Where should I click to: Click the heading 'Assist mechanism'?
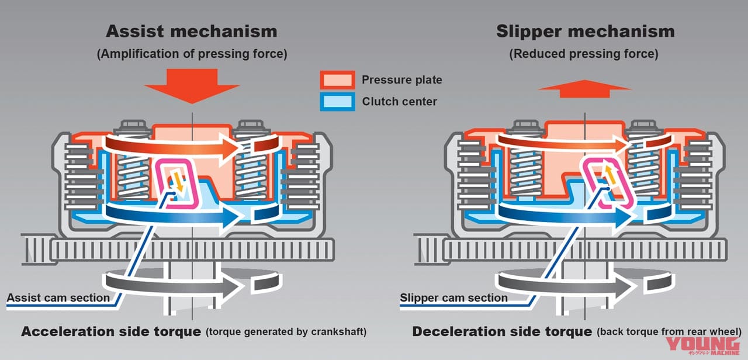point(192,31)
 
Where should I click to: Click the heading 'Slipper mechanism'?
point(585,31)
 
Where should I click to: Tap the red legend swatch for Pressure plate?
point(337,79)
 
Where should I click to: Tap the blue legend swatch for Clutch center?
point(337,102)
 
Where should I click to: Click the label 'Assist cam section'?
point(58,297)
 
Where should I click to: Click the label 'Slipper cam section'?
point(453,297)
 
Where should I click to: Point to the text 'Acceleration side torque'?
point(111,331)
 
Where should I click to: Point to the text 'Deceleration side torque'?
point(502,331)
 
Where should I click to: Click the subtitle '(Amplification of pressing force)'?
point(192,54)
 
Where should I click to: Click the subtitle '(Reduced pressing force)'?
point(585,54)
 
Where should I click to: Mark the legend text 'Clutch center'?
point(399,102)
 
